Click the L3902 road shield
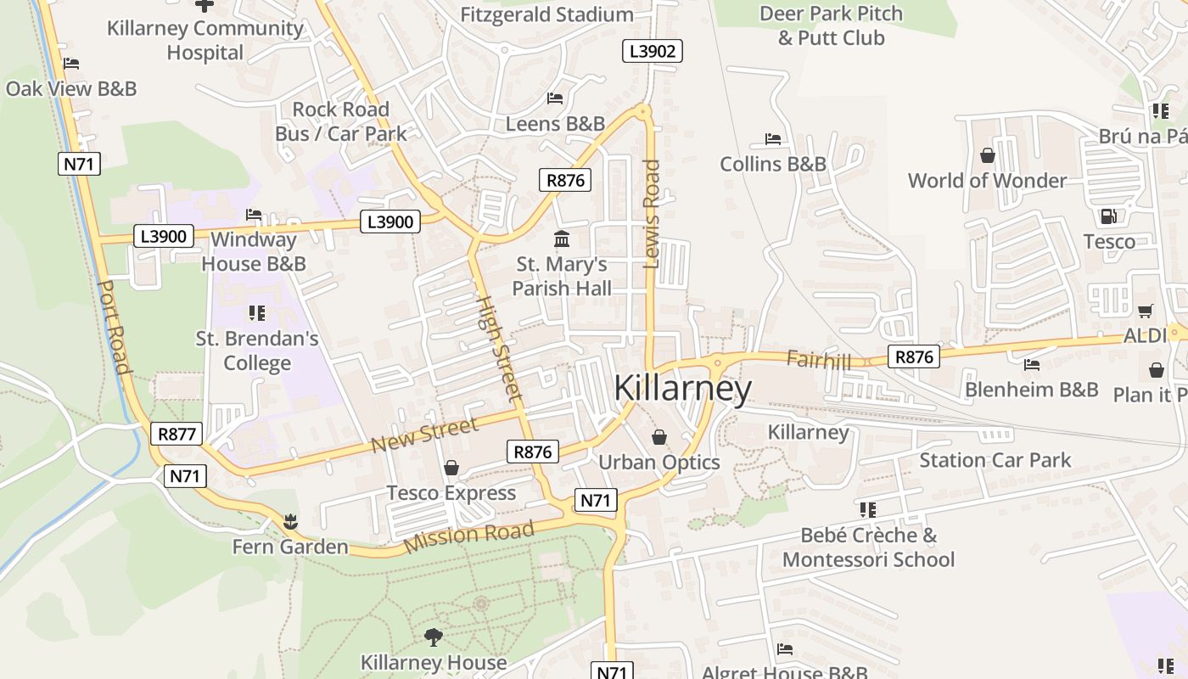[x=652, y=51]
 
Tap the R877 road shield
[x=177, y=435]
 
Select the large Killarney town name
[x=682, y=389]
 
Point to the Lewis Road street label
[x=652, y=214]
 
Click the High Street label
[x=498, y=346]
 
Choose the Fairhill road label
[x=818, y=360]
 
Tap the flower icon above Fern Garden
[x=291, y=519]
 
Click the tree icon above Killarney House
[x=434, y=636]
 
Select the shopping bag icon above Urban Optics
[x=659, y=437]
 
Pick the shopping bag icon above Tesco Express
[x=451, y=468]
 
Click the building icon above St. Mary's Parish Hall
[x=561, y=239]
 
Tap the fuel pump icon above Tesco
[x=1108, y=216]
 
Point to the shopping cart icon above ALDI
[x=1145, y=311]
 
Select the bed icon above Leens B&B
[x=555, y=98]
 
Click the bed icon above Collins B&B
[x=772, y=138]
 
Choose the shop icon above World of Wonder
[x=988, y=155]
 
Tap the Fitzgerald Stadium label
[x=546, y=14]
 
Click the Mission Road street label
[x=469, y=536]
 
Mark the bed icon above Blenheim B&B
[x=1032, y=365]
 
